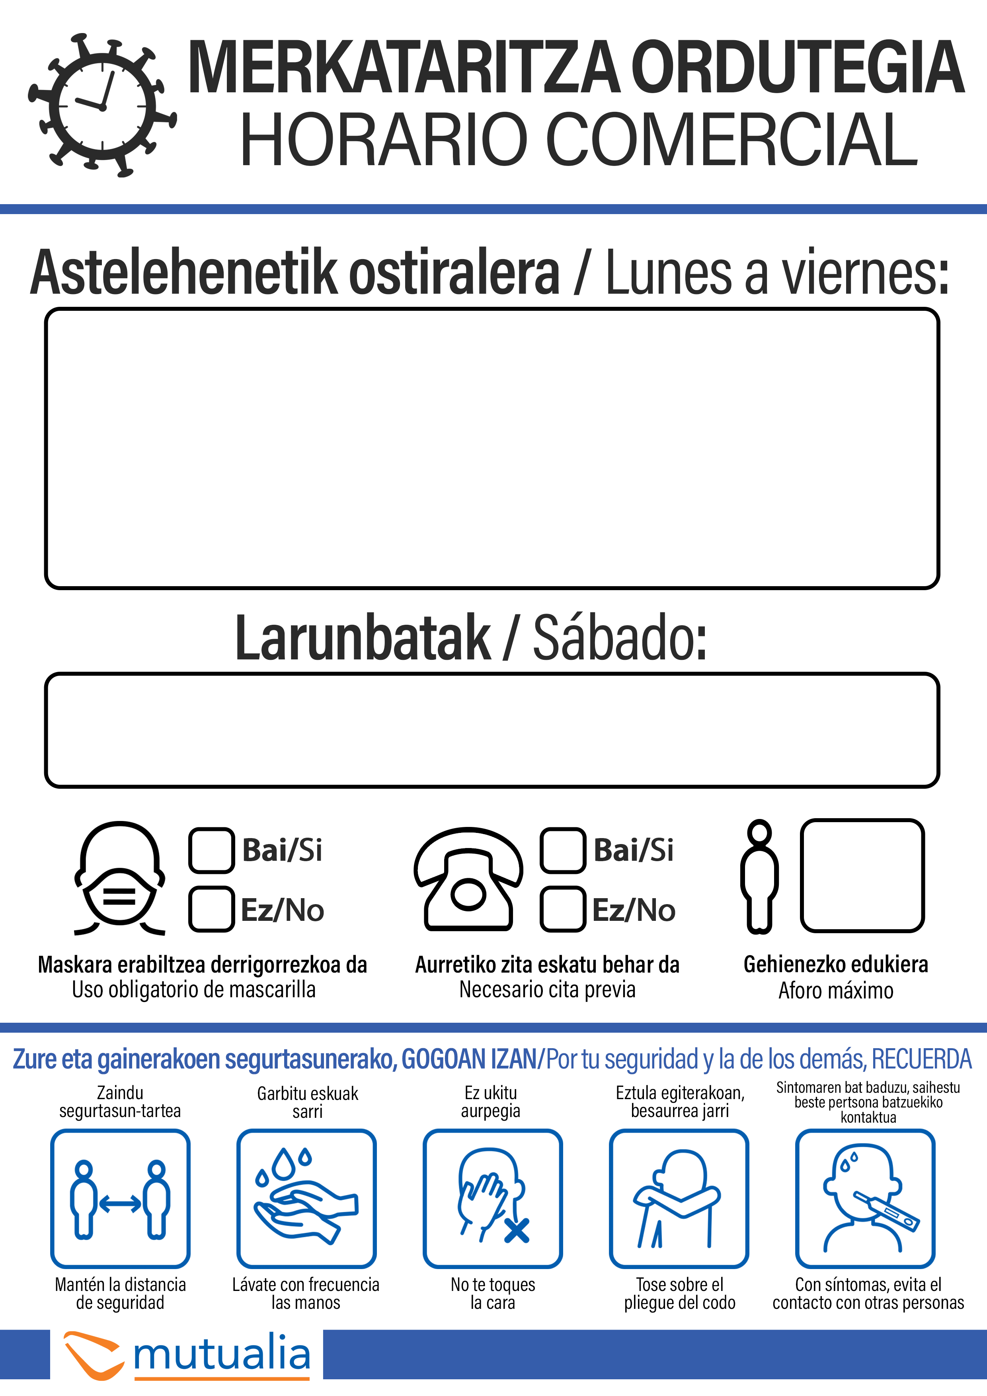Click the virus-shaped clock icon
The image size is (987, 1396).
[x=102, y=105]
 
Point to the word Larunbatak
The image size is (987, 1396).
[x=363, y=638]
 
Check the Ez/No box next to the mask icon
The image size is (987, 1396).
[x=211, y=909]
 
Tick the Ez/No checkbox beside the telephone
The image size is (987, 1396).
[x=562, y=909]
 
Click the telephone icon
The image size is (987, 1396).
[x=468, y=879]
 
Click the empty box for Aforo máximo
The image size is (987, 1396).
[x=862, y=875]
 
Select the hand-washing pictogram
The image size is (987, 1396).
[x=306, y=1198]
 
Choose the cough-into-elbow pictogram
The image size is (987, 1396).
[x=679, y=1198]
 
